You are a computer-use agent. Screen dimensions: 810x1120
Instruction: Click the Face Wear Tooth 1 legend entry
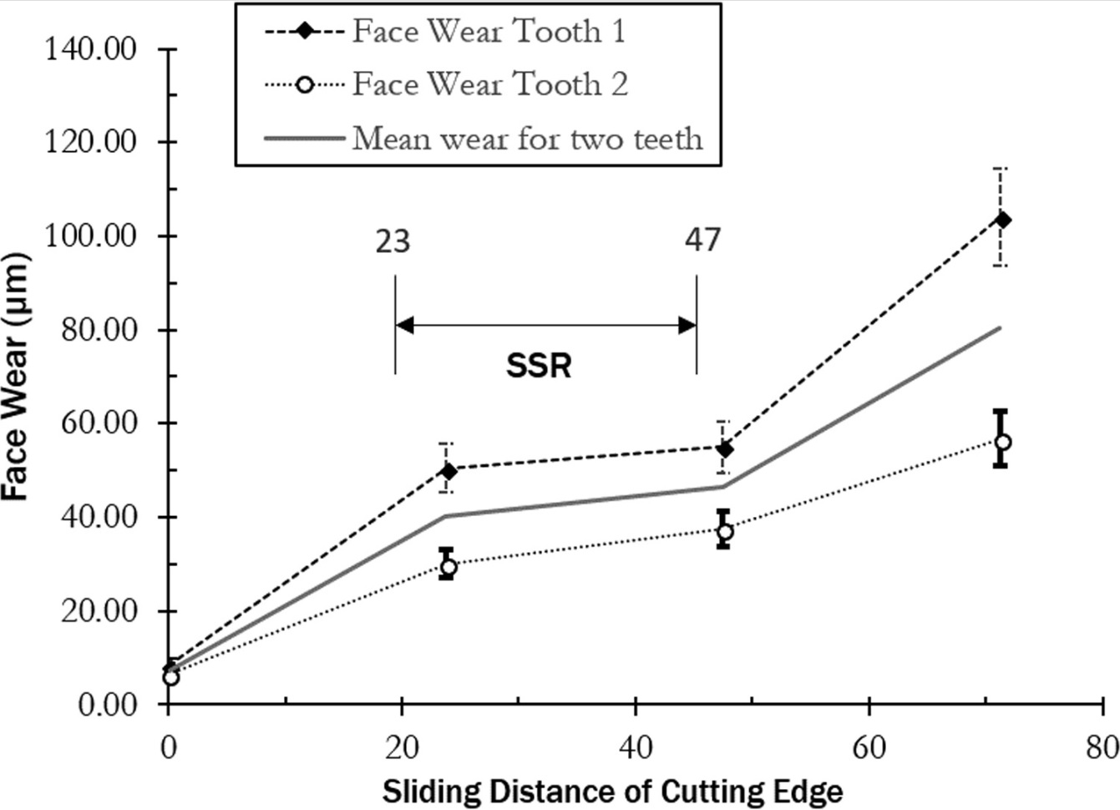tap(488, 32)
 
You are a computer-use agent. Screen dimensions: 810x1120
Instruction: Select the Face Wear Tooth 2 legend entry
tap(489, 84)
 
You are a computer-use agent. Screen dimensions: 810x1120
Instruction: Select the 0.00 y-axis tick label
tap(108, 705)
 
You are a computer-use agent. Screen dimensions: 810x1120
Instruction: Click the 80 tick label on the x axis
tap(1102, 747)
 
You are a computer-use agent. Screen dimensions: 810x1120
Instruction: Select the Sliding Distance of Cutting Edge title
tap(612, 791)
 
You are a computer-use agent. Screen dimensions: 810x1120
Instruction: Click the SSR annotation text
tap(539, 366)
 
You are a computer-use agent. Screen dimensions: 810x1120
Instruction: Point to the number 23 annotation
tap(392, 241)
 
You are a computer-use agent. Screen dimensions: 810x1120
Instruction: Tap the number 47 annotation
tap(702, 240)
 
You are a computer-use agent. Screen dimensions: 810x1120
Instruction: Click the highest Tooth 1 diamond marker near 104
tap(1002, 220)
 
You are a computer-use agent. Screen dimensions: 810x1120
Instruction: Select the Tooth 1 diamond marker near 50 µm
tap(449, 471)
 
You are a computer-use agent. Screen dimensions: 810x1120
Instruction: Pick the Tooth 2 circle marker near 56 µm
tap(1002, 442)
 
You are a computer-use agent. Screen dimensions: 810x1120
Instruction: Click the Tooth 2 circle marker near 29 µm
tap(449, 568)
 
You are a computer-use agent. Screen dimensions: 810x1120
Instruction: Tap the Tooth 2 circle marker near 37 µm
tap(725, 531)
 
